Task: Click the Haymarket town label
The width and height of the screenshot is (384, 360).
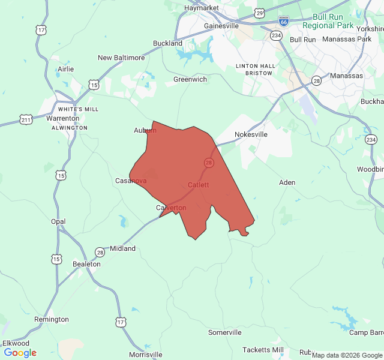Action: pos(200,8)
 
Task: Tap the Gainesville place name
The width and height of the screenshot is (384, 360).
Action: pos(221,26)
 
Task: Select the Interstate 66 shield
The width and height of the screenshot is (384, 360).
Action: pos(283,21)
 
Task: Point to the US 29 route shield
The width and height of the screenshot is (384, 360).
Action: pos(259,13)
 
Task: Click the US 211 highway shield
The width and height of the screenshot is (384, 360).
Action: pos(25,119)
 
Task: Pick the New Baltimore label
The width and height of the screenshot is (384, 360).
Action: pos(121,58)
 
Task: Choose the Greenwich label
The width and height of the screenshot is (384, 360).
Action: pos(190,79)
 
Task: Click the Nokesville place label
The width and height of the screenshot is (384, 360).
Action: pos(251,134)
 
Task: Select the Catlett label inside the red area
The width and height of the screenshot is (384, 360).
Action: pos(199,185)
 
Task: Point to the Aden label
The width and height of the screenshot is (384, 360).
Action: pos(287,182)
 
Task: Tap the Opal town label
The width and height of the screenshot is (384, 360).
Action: pos(58,221)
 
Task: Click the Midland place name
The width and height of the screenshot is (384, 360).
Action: pos(122,248)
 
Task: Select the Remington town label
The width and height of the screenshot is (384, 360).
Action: pos(52,319)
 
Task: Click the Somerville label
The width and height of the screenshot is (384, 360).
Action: pos(224,332)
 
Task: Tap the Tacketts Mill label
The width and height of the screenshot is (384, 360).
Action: pos(263,350)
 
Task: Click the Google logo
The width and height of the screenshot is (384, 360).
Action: pos(20,353)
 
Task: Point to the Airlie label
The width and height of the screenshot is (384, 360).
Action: pos(65,69)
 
